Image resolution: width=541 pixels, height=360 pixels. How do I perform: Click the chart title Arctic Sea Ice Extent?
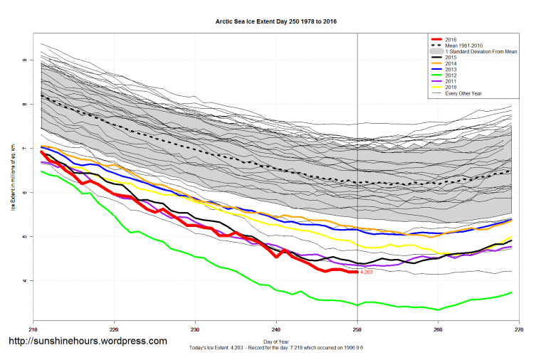point(276,21)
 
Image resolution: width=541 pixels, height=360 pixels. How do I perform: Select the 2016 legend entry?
point(449,39)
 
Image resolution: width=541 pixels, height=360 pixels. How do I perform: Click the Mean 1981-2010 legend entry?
point(462,46)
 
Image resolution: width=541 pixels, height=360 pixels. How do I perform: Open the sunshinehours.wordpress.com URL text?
point(88,341)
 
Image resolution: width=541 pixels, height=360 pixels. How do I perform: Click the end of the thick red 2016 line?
point(357,272)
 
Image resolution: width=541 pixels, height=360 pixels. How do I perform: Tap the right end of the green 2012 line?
point(511,292)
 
